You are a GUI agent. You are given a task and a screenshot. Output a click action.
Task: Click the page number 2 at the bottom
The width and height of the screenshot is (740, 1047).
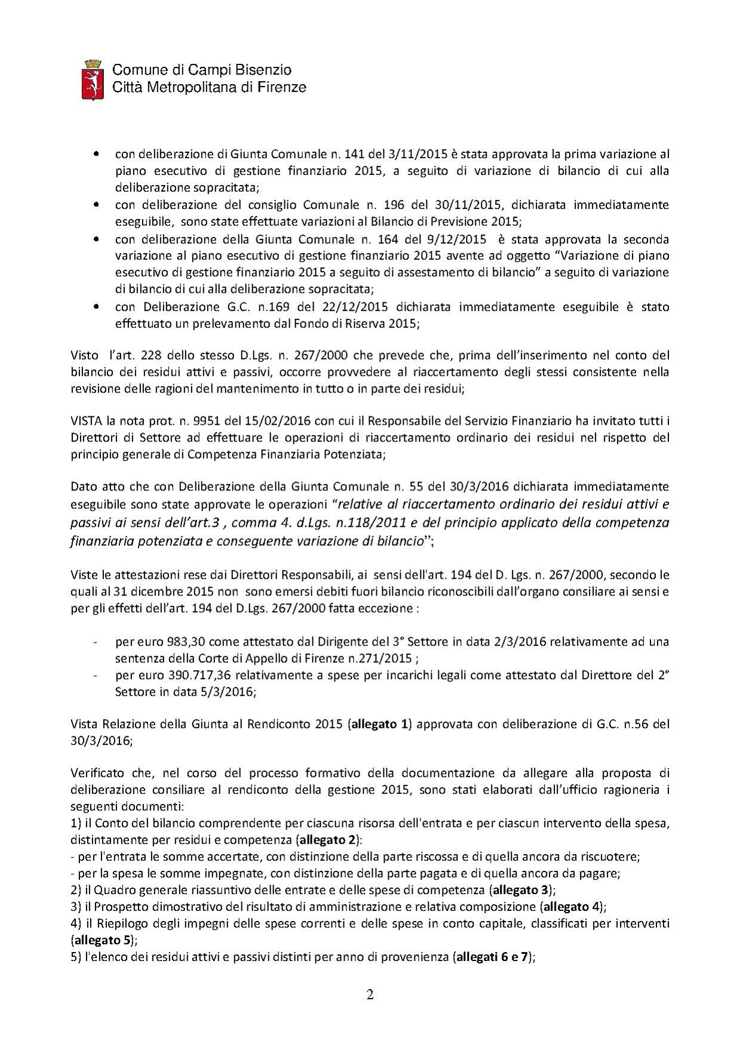(370, 995)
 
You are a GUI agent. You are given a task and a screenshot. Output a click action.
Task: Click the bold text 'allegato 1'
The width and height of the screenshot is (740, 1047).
(380, 724)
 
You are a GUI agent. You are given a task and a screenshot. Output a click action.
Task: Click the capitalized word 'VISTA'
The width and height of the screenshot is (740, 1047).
(87, 420)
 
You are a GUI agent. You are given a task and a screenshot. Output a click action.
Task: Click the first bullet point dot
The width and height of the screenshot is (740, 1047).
(96, 154)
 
